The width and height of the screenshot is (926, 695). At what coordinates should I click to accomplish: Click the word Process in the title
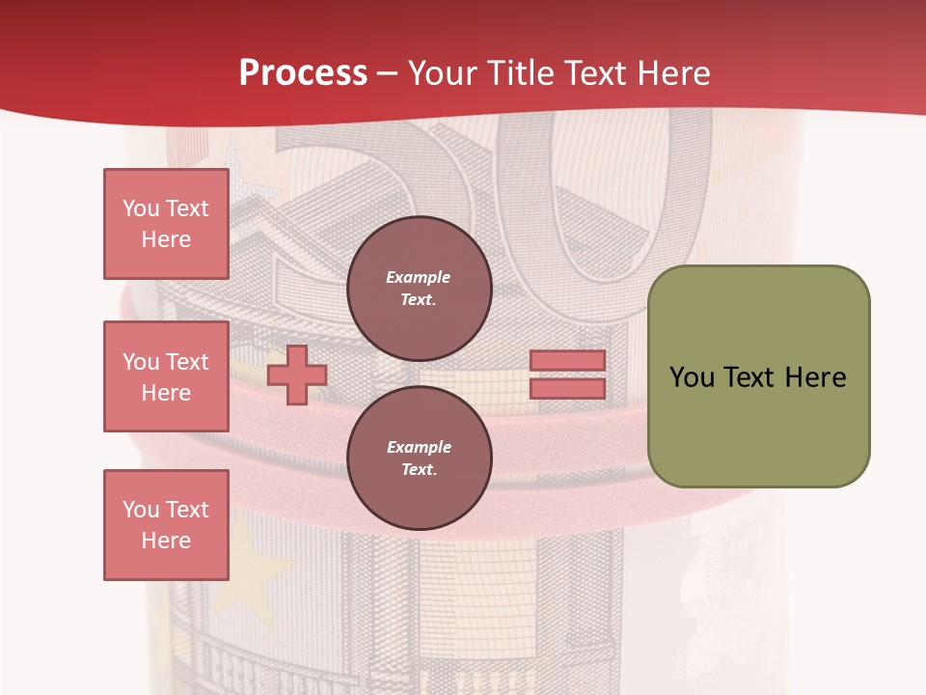pos(303,73)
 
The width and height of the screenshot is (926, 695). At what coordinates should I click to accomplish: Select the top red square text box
pos(166,224)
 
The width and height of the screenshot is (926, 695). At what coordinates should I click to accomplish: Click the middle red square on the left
pos(166,376)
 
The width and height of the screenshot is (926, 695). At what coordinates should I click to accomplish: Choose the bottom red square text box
pos(166,525)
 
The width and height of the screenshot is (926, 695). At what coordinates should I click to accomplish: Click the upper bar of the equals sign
pos(567,361)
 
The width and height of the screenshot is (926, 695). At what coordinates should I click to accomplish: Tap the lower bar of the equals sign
pos(567,389)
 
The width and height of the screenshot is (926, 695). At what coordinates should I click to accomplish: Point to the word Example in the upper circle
pos(419,277)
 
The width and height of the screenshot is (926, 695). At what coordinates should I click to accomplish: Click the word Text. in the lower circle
pos(419,470)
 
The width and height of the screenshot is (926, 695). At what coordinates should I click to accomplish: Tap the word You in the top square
pos(140,208)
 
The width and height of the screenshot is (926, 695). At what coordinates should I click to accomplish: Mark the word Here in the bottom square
pos(166,541)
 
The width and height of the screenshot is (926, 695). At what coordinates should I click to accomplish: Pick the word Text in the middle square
pos(187,362)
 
